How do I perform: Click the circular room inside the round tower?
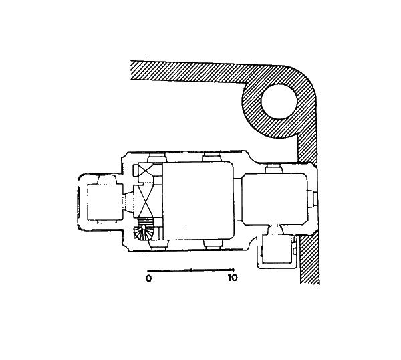click(279, 102)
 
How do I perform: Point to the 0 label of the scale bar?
click(148, 278)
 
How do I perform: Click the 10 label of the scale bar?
click(233, 278)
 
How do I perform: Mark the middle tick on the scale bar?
click(192, 270)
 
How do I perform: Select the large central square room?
click(198, 201)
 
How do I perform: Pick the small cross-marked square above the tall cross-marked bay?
click(146, 170)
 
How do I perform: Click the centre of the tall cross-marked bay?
click(146, 201)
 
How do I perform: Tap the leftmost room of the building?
click(105, 202)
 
